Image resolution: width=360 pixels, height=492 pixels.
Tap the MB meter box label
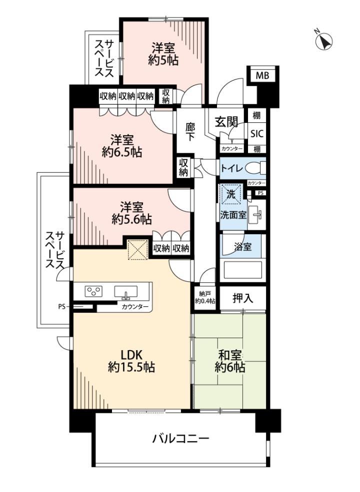[262, 75]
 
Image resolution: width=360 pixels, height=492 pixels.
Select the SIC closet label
[256, 134]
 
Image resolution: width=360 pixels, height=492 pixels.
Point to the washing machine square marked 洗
[231, 194]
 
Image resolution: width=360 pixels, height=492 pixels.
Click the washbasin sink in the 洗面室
[256, 215]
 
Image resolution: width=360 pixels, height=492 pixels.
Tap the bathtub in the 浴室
[242, 270]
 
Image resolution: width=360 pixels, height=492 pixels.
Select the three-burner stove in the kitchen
[93, 291]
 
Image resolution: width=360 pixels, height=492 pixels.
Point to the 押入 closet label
[242, 298]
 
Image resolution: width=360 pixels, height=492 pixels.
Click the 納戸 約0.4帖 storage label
[204, 298]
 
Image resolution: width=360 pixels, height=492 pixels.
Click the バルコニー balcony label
[180, 439]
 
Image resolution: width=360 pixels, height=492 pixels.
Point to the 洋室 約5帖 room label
[163, 54]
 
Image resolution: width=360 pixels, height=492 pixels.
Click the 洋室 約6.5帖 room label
[122, 146]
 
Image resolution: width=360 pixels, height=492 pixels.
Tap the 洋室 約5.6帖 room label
[131, 213]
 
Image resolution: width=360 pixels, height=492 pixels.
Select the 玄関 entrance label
[226, 121]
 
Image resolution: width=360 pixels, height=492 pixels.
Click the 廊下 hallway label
[190, 132]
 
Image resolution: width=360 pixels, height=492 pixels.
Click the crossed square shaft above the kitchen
[137, 250]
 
